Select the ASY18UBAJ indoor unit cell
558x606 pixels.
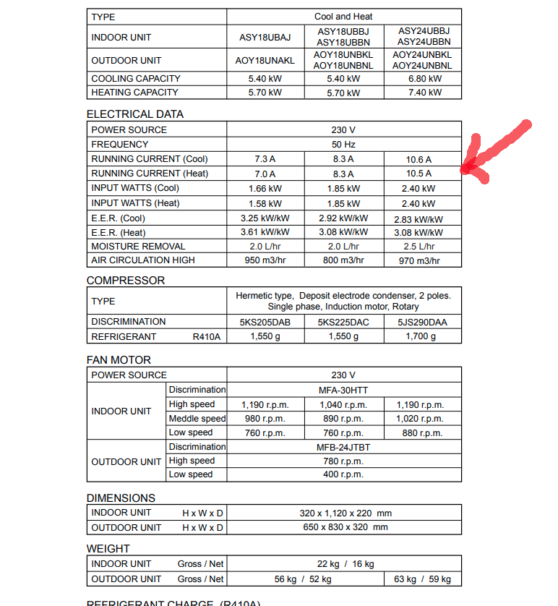265,37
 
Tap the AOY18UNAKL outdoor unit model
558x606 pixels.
265,61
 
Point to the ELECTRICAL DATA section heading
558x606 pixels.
135,114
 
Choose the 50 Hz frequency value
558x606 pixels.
343,145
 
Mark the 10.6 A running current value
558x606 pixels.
418,159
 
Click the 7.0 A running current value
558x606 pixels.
265,174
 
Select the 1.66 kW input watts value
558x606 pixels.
265,189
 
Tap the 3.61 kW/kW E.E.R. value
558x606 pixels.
265,233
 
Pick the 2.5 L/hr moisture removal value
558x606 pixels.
418,247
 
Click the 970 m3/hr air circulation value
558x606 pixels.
418,260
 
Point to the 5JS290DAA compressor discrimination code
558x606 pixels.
422,322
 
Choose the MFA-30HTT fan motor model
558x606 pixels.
343,390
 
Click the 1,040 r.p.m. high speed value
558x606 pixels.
343,405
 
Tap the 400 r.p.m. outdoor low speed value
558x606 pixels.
343,475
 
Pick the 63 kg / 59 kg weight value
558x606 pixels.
422,579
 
